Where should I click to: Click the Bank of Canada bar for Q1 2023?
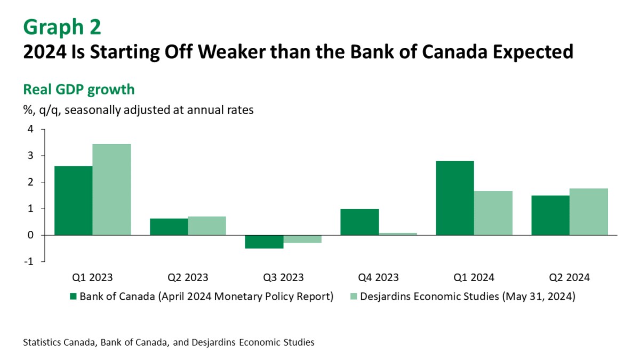point(73,201)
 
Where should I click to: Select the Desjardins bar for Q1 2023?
point(111,189)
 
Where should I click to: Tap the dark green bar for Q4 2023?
point(359,222)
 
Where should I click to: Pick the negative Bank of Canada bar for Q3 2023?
point(264,242)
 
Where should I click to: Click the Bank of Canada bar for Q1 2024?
point(454,198)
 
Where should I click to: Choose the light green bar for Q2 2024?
point(588,212)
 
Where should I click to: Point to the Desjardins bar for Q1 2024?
point(493,213)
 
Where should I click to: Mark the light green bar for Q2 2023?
point(207,226)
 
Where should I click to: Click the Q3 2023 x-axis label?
point(283,277)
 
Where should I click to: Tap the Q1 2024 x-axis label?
point(474,277)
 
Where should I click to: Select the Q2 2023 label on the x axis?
point(188,277)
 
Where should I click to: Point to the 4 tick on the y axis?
point(30,129)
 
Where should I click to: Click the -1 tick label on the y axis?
point(28,262)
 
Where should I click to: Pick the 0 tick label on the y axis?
point(30,235)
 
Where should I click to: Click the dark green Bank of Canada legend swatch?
point(74,297)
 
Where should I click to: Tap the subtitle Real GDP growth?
point(79,89)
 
